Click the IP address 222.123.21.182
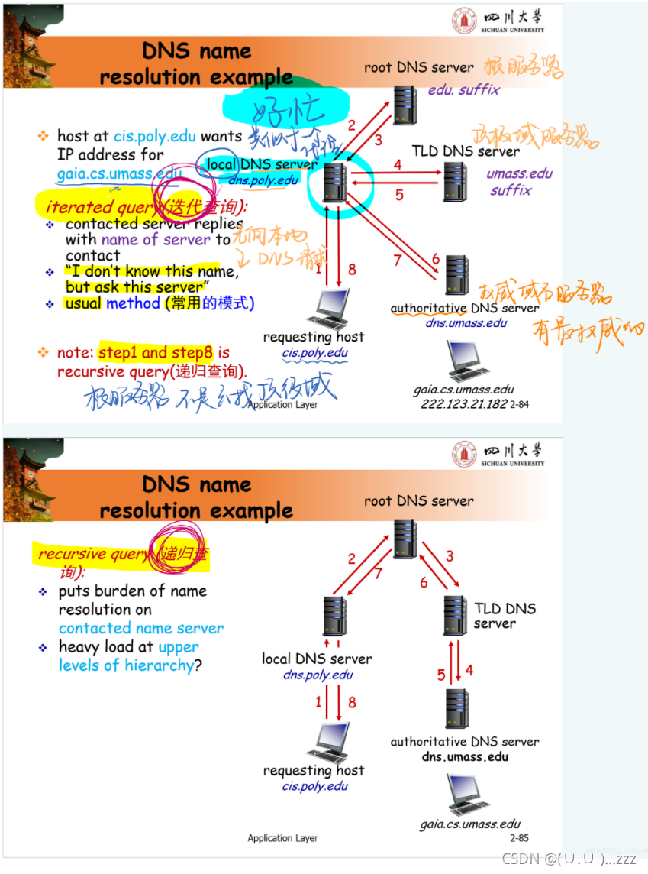point(463,404)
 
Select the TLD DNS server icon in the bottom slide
point(455,615)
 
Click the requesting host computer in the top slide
point(327,309)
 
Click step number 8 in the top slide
point(352,269)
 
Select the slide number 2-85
point(519,838)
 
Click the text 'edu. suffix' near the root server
point(463,89)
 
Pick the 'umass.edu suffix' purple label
point(519,182)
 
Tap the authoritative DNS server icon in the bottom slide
point(457,708)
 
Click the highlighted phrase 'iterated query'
point(99,207)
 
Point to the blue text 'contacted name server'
point(141,628)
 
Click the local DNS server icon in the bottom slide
point(334,616)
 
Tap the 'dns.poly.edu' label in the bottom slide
point(318,675)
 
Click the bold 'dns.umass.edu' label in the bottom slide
point(465,757)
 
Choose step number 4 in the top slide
point(398,164)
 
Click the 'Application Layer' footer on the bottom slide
point(282,838)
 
